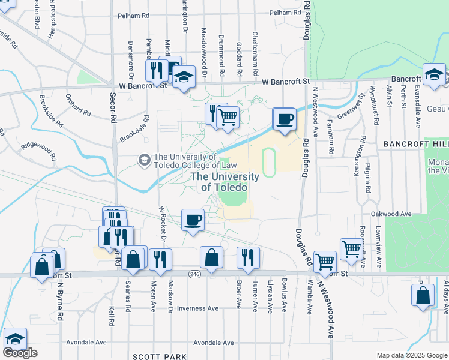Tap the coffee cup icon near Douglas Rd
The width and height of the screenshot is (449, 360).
pos(285,118)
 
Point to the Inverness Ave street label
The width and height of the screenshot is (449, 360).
pos(198,308)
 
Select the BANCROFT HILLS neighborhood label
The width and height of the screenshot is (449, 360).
pos(415,145)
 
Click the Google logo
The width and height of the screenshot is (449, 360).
pos(20,353)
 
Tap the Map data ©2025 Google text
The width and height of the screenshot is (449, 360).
pos(412,355)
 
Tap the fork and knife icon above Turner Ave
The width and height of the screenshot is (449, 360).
pos(248,257)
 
